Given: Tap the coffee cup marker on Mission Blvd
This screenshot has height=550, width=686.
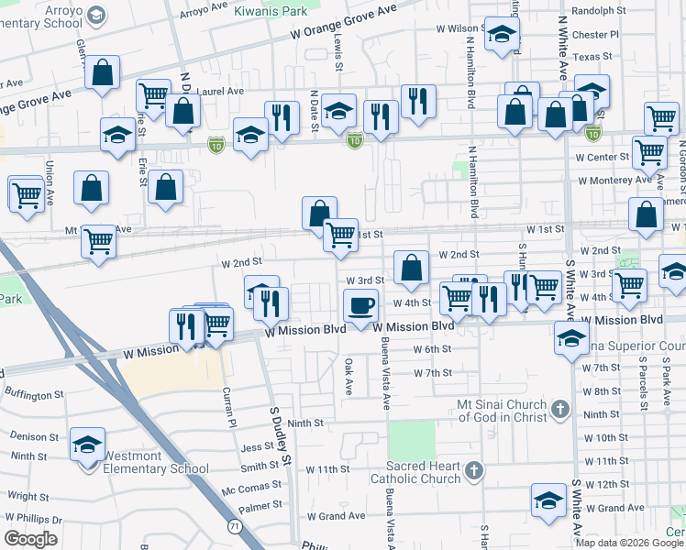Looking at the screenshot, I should [360, 306].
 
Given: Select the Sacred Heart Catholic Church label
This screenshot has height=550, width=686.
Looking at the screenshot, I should [415, 472].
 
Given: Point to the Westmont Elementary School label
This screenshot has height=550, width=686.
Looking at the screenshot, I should [156, 461].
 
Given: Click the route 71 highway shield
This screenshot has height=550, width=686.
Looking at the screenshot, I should [236, 526].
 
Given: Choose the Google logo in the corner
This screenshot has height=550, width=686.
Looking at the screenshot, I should [31, 539].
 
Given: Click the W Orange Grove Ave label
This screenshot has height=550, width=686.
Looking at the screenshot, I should [343, 20].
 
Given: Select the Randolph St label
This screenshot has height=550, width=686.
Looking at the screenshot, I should [597, 11].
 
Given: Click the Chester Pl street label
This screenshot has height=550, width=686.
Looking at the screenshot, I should [596, 35].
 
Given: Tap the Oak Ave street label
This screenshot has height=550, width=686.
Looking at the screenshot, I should [349, 376].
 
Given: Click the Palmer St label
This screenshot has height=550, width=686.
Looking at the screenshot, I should [260, 505].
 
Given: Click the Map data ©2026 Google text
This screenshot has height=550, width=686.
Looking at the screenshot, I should [628, 543].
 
